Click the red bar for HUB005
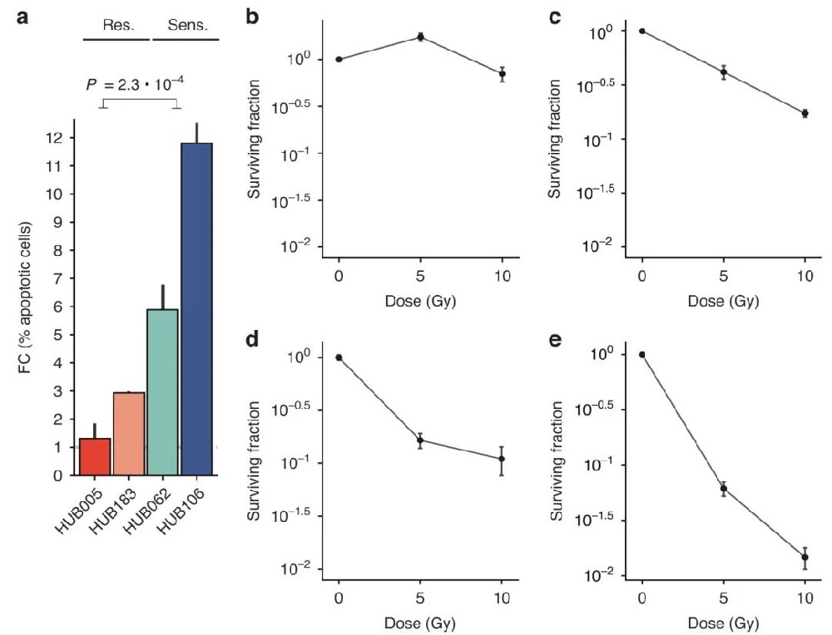(95, 456)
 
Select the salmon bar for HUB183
(129, 433)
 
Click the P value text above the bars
(136, 85)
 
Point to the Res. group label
(117, 25)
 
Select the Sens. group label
(184, 25)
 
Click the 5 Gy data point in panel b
(421, 37)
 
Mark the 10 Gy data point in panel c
(805, 113)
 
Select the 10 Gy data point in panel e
(805, 557)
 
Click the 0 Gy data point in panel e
(641, 354)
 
